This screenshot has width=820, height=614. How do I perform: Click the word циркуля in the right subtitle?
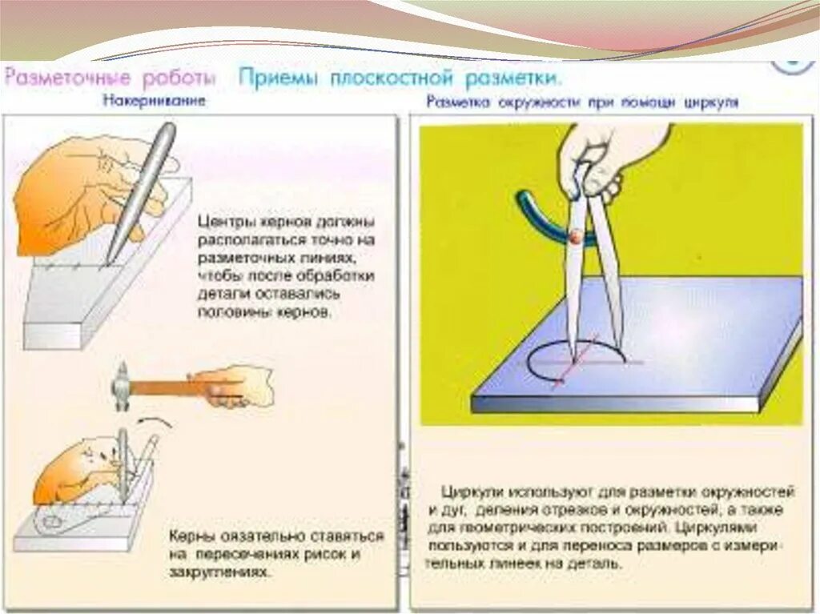(x=711, y=102)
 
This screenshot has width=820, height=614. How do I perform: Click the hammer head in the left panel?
(x=123, y=386)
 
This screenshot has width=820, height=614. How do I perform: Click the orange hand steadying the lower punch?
(x=72, y=472)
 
